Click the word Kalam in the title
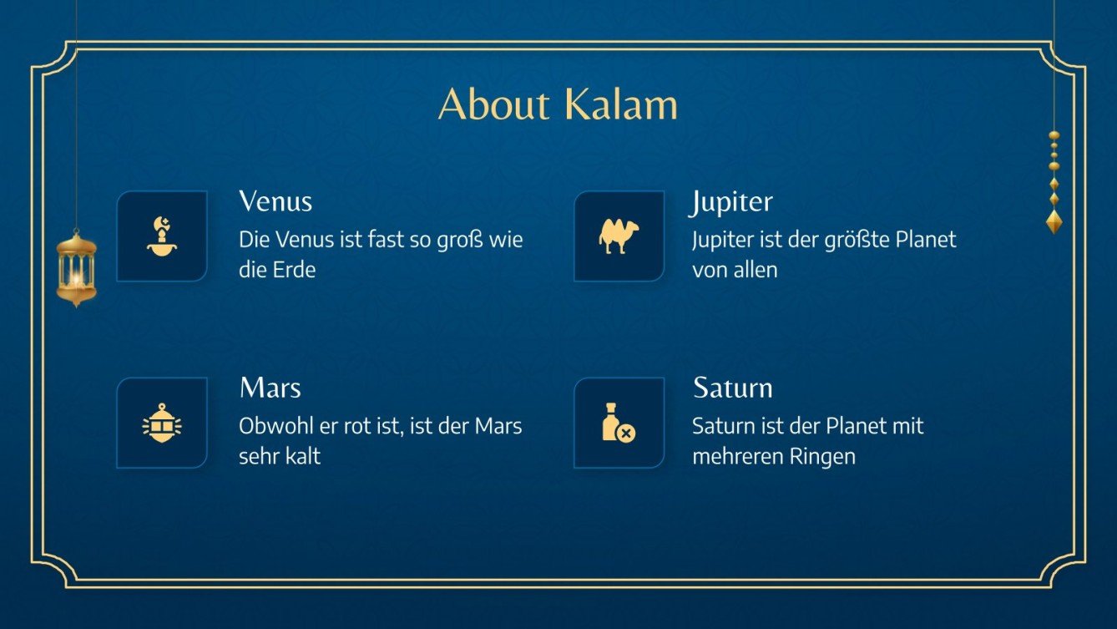(x=619, y=104)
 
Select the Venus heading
(x=275, y=201)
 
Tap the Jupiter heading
(x=732, y=201)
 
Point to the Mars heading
(x=270, y=388)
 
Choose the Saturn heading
(x=732, y=388)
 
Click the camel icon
(x=619, y=236)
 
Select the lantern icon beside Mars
(x=162, y=424)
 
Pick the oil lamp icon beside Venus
(x=162, y=236)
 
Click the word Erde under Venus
(x=294, y=271)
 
